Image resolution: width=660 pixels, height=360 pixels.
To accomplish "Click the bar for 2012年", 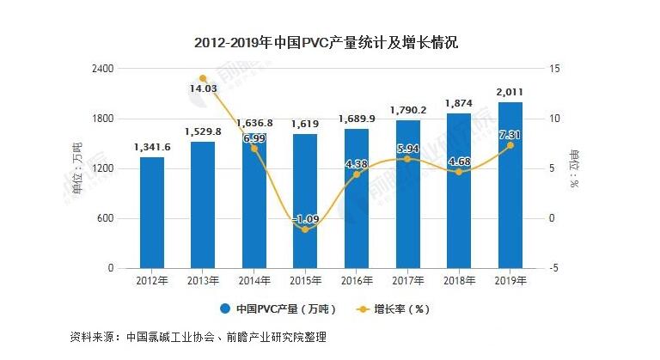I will tap(152, 212).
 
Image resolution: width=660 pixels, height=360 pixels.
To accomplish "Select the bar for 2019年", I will tap(510, 185).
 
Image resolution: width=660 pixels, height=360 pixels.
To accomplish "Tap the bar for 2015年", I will tap(305, 201).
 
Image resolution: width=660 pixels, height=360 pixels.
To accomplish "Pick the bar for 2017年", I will tap(408, 194).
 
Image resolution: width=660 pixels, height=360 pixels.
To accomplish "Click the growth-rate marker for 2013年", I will tap(203, 78).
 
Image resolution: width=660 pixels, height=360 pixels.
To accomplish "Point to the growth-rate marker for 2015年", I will tap(305, 229).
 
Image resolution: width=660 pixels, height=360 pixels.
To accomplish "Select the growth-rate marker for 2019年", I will tap(510, 145).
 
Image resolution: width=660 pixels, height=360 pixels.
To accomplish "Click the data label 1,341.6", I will tap(152, 147).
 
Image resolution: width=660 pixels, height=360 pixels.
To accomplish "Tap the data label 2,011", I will tap(510, 92).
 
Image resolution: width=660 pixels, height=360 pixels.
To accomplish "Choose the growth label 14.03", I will tap(203, 88).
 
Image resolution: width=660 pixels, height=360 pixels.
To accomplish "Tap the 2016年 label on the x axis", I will tap(357, 279).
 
